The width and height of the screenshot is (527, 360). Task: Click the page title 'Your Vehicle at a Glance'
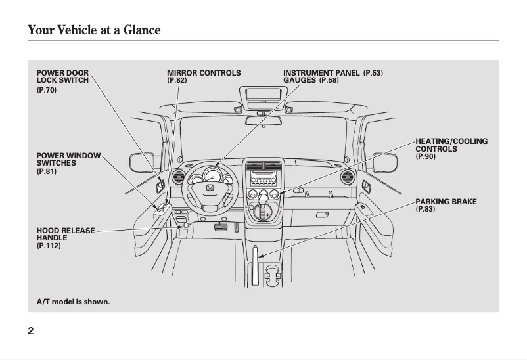(94, 30)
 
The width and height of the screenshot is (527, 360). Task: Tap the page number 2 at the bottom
(31, 330)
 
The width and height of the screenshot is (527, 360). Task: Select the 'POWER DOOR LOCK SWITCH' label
(62, 76)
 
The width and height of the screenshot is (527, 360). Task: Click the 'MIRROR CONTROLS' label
(204, 73)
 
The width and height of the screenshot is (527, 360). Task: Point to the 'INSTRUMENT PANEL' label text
(321, 73)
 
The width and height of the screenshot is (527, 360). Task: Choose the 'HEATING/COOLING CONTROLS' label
(451, 145)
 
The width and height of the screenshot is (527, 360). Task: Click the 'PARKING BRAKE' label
(446, 201)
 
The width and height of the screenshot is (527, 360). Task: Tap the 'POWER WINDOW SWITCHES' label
(68, 159)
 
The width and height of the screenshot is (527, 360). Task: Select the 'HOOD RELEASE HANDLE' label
(66, 234)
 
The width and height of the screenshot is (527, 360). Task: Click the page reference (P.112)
(49, 246)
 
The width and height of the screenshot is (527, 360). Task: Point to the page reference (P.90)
(425, 157)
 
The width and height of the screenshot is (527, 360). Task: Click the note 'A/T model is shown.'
(73, 302)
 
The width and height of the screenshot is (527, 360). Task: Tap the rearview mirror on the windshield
(263, 120)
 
